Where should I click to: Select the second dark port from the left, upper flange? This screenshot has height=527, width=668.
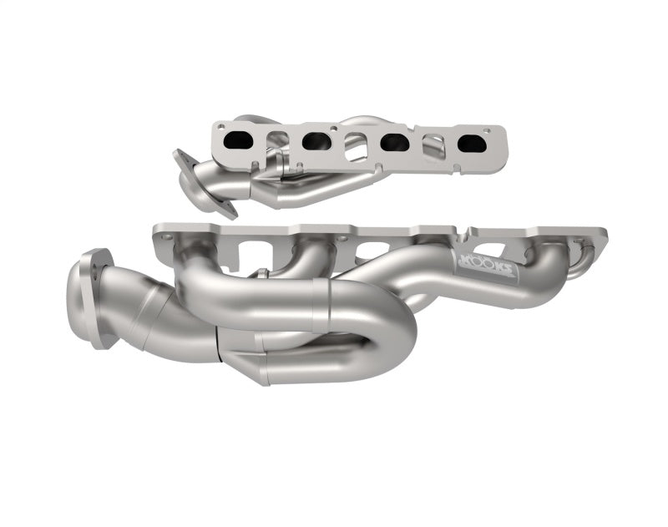[x=316, y=141]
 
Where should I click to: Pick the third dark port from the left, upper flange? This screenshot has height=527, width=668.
[x=394, y=143]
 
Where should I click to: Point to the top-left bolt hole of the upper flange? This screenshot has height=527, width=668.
[x=221, y=128]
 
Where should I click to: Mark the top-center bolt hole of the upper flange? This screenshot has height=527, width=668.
[x=335, y=129]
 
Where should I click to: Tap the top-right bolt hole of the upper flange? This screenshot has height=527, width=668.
[x=485, y=130]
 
